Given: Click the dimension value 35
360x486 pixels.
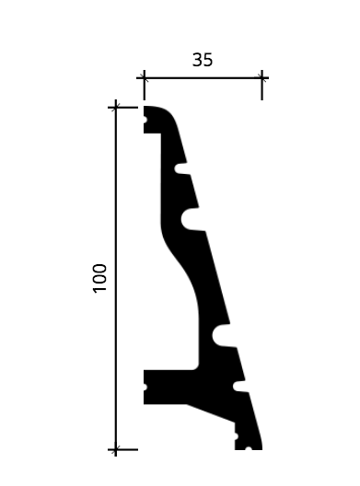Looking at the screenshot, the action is (203, 60).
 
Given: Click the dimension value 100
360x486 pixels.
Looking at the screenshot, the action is (99, 278).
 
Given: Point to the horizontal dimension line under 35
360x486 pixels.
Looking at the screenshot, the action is (203, 78).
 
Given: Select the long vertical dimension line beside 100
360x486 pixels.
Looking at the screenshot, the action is (116, 278).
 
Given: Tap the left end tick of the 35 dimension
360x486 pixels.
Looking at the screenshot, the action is (144, 78).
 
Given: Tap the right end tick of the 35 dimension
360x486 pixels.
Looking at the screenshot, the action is (262, 78).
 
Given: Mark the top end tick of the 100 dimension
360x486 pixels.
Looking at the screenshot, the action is (116, 108).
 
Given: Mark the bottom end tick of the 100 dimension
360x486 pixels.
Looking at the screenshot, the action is (116, 449).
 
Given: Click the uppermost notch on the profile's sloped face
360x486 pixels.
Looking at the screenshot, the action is (181, 168).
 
